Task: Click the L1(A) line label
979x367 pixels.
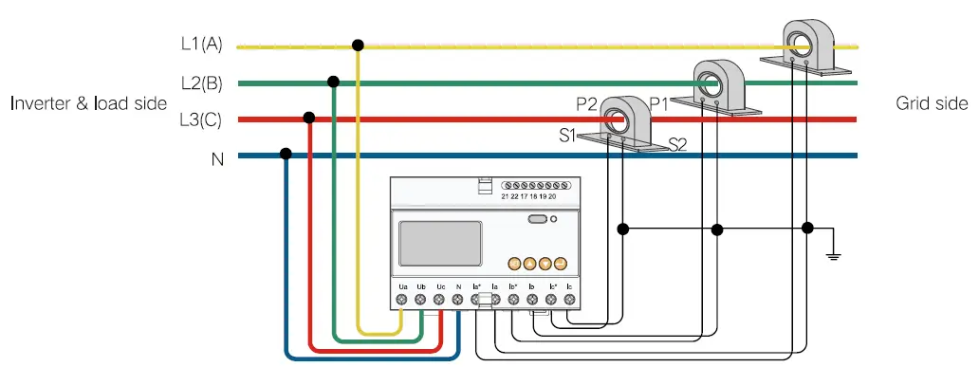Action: pos(201,45)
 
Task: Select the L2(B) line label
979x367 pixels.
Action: pos(201,83)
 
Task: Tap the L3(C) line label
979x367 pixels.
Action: pos(201,120)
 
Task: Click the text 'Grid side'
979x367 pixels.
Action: pos(932,103)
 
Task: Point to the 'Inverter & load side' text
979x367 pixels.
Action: pos(88,103)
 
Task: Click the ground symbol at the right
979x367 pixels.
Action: pos(833,253)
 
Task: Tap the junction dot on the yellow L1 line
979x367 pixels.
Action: pos(358,45)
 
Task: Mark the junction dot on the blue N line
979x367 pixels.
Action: pos(286,154)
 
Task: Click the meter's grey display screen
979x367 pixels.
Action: pos(440,243)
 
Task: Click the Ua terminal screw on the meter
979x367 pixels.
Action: pos(402,300)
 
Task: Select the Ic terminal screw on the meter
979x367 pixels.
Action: pos(569,300)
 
